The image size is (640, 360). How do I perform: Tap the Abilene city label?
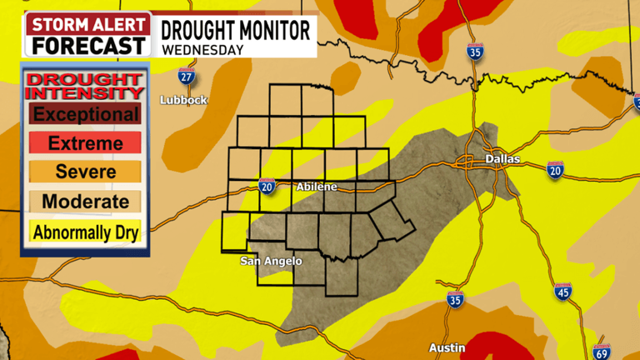[x=317, y=187]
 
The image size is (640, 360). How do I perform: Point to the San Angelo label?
[x=271, y=262]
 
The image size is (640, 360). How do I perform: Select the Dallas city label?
[x=503, y=158]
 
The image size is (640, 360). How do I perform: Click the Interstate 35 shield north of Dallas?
[x=476, y=51]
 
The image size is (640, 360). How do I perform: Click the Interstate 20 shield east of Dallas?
[x=556, y=170]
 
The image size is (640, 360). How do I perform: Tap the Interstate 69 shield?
[x=601, y=351]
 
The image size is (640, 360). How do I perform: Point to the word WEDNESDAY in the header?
[x=202, y=48]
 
